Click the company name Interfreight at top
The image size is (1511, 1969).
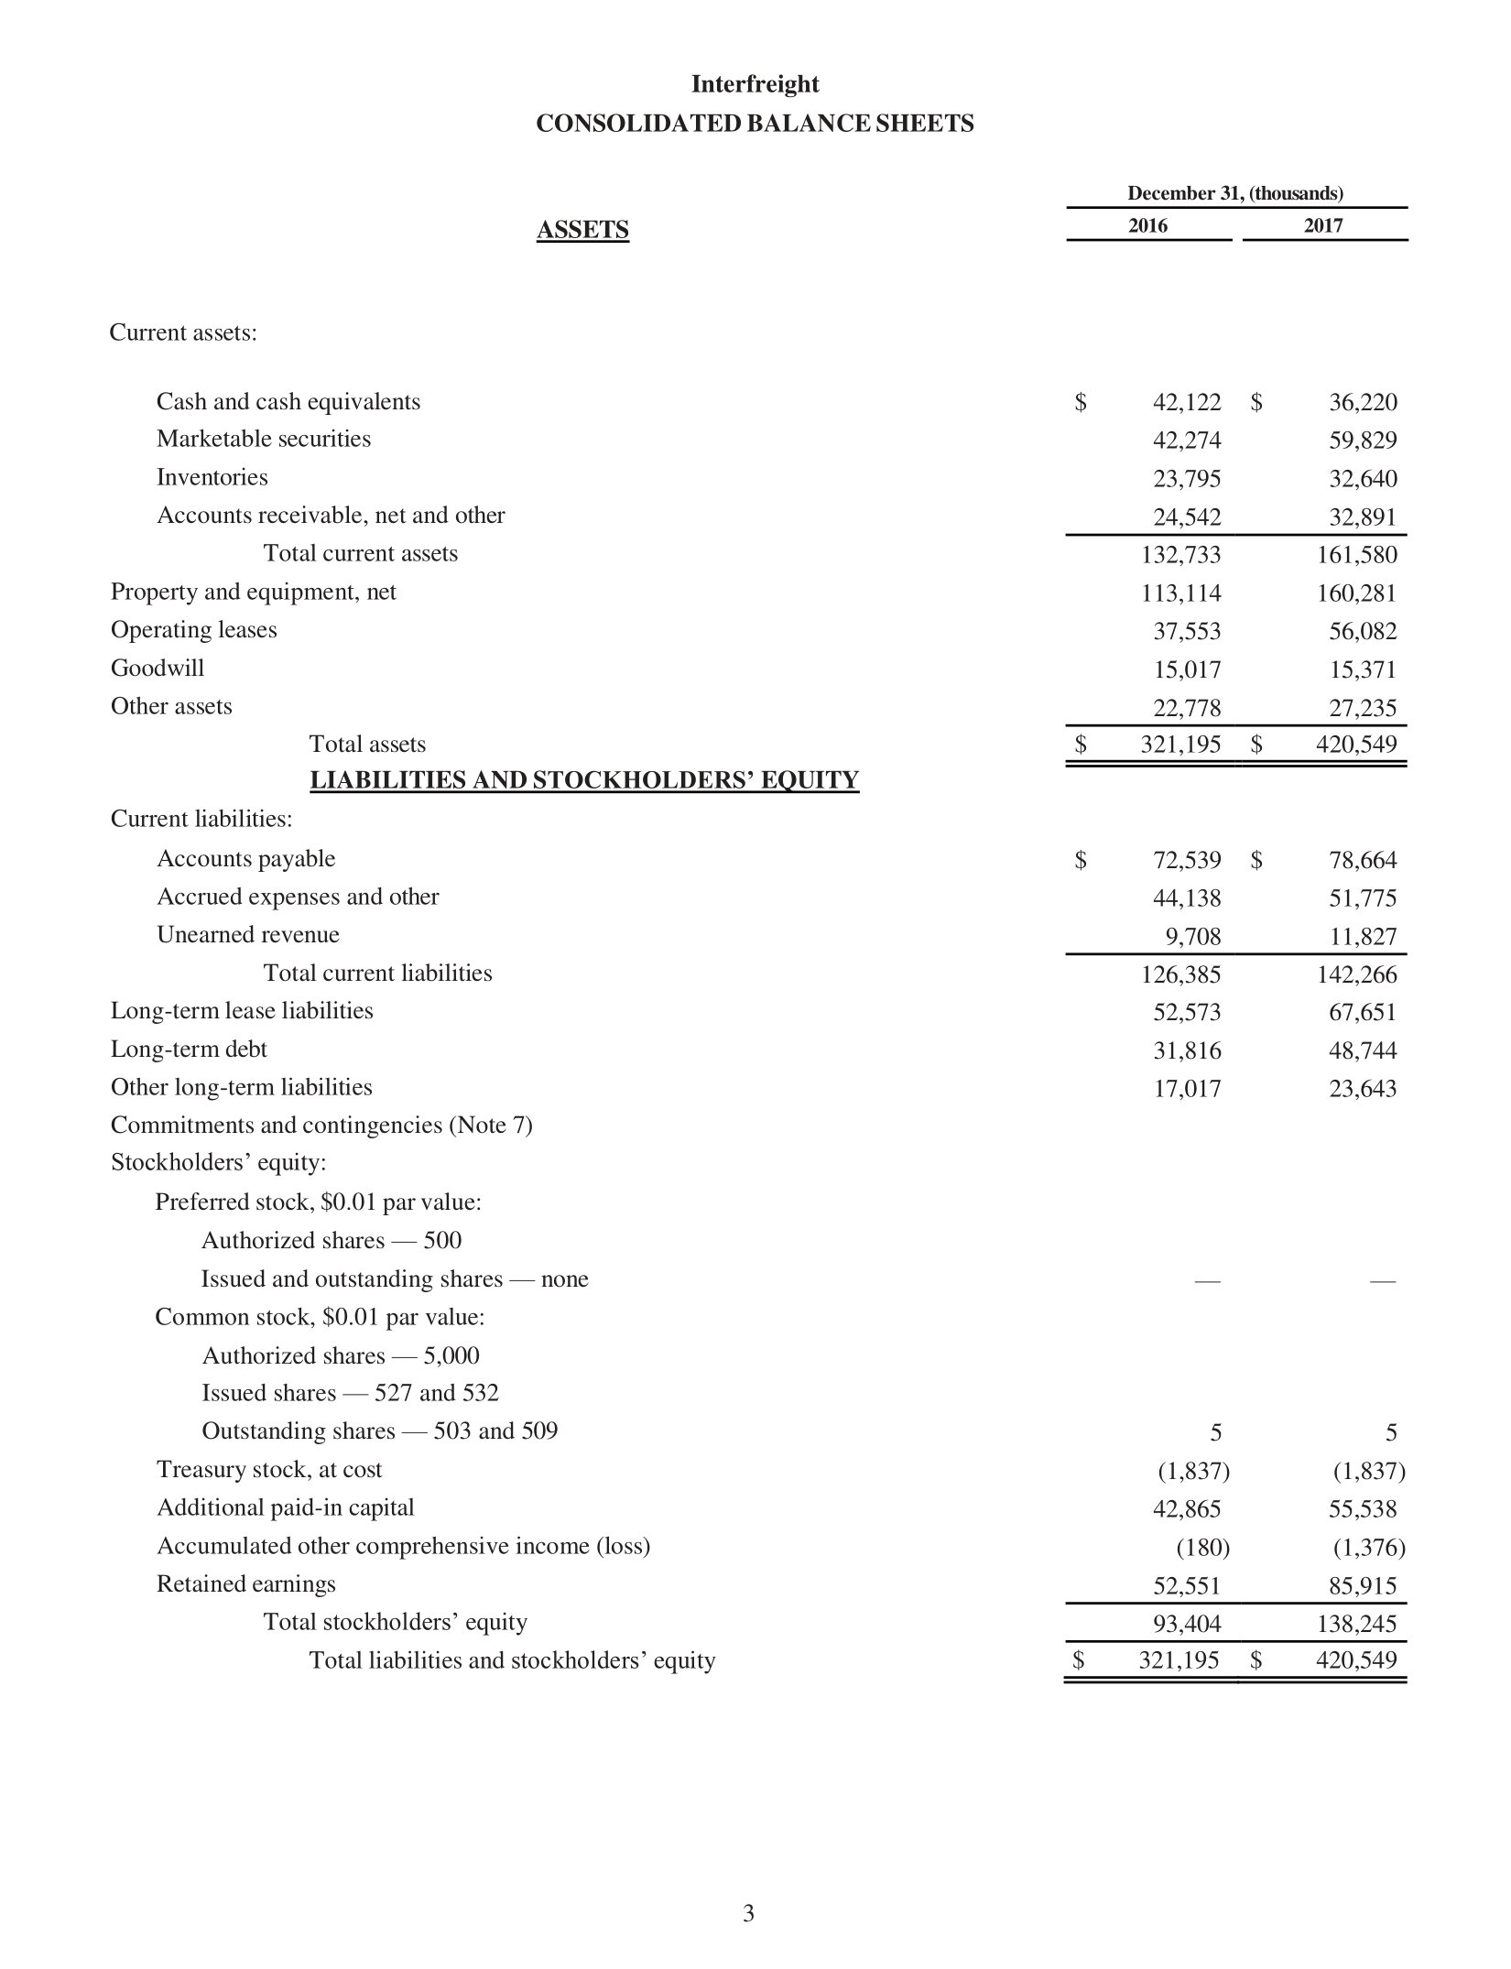tap(755, 84)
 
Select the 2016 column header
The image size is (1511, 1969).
tap(1147, 225)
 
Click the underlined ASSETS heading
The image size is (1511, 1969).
tap(582, 230)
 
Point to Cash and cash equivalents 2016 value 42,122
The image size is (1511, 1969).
tap(1186, 402)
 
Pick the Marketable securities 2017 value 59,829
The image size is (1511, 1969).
tap(1363, 441)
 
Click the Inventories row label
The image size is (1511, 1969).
tap(212, 477)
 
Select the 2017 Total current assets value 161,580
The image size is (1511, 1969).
tap(1357, 555)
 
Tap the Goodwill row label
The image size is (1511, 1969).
tap(158, 669)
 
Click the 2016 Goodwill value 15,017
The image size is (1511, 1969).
tap(1186, 669)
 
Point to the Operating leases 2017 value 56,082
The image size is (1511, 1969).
tap(1363, 631)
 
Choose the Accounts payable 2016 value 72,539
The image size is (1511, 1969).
tap(1186, 860)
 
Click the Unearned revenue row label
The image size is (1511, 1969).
tap(247, 935)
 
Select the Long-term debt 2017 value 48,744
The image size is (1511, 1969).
tap(1363, 1050)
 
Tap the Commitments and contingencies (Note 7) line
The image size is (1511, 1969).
tap(321, 1126)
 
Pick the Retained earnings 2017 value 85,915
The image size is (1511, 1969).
tap(1363, 1586)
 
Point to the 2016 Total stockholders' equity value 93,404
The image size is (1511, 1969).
tap(1186, 1625)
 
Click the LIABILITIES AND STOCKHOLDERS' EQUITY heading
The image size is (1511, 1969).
tap(584, 780)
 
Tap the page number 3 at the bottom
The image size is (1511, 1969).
tap(748, 1913)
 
